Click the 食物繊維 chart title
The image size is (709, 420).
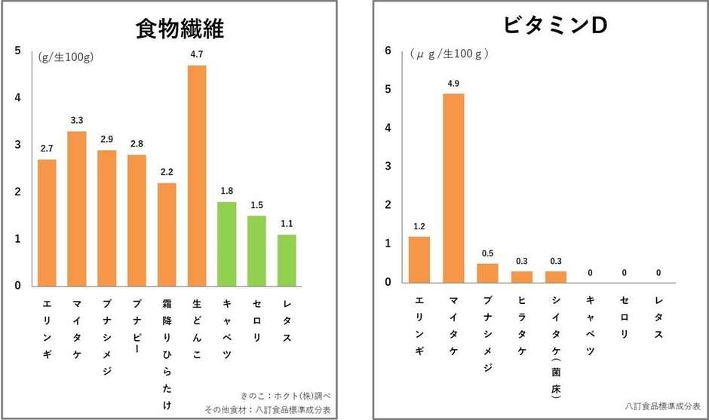(x=180, y=28)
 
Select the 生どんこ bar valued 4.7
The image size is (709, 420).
(x=197, y=175)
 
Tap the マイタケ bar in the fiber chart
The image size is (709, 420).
(x=77, y=208)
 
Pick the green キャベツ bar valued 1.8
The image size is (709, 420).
(x=227, y=244)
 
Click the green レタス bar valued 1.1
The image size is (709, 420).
(x=287, y=260)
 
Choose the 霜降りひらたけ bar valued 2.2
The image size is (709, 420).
(x=167, y=234)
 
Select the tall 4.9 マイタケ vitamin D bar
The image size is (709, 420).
(x=453, y=188)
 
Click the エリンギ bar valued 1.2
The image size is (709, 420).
(x=419, y=259)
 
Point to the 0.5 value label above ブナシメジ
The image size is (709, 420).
(x=488, y=253)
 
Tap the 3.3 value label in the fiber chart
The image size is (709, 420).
(x=77, y=121)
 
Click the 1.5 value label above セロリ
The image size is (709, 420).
(x=256, y=205)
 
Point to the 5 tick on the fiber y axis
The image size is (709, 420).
(x=18, y=51)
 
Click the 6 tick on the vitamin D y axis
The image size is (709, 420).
(x=388, y=51)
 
